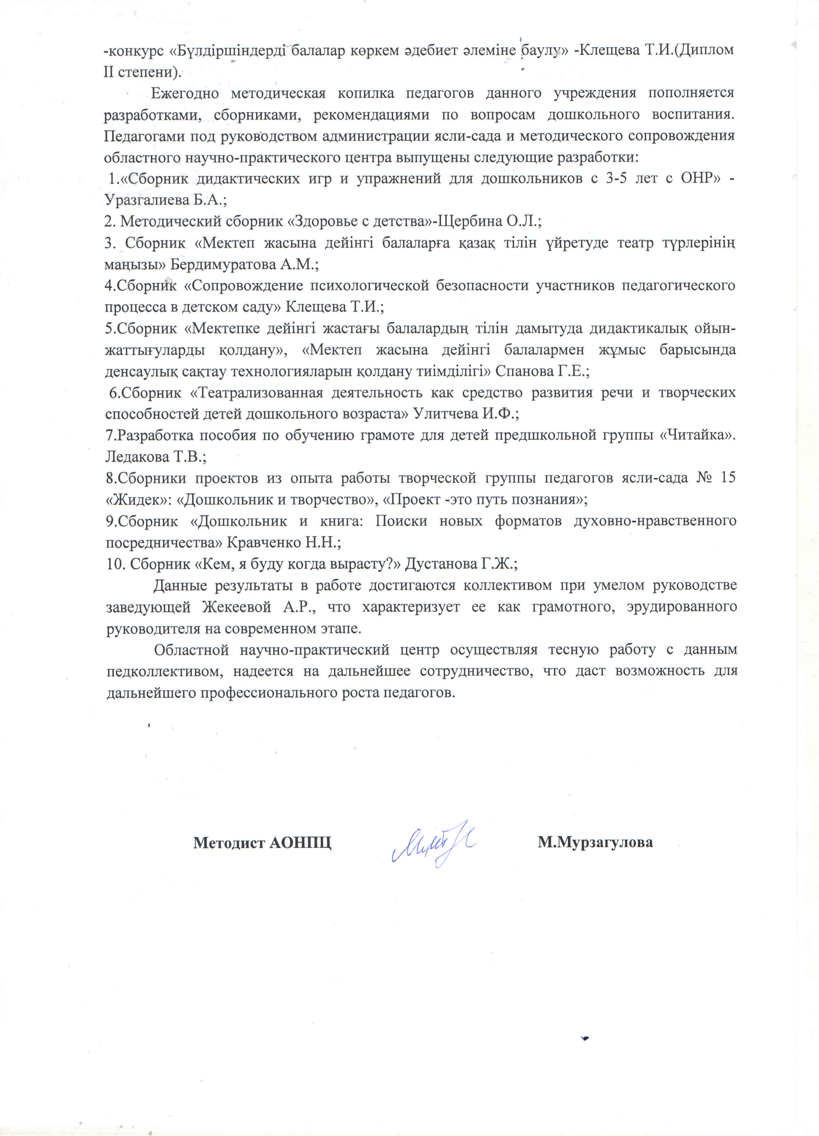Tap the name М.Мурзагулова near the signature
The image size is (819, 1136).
tap(595, 843)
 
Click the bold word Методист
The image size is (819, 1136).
tap(229, 843)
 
